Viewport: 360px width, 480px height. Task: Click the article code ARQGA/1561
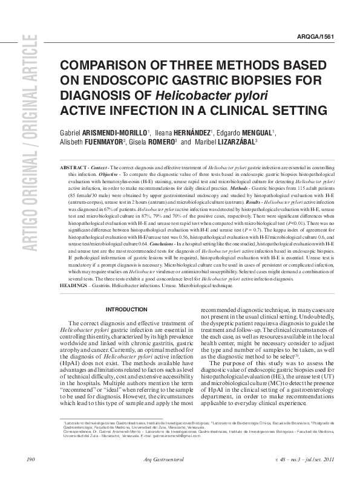click(318, 37)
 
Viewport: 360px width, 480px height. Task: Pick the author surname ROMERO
click(159, 143)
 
